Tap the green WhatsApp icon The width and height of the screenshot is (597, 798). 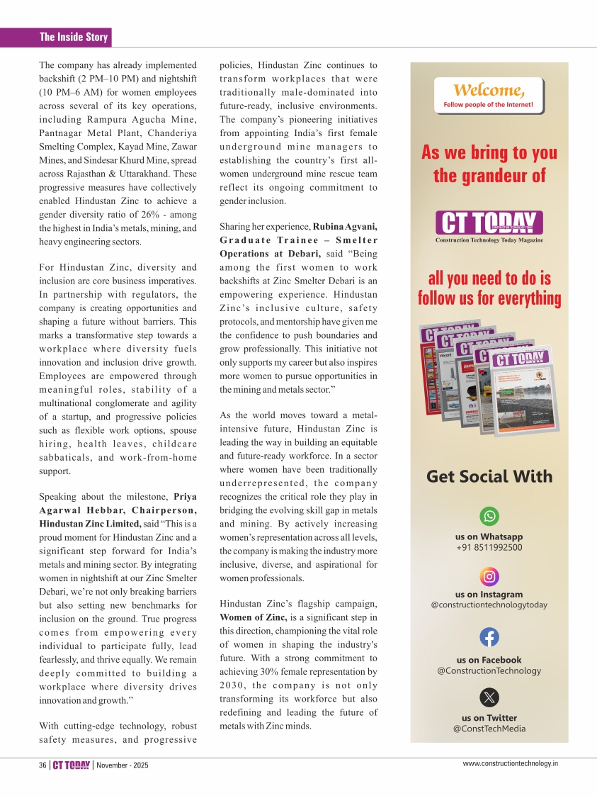point(489,516)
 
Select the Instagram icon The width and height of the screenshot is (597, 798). point(489,575)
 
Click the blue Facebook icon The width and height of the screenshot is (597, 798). point(489,637)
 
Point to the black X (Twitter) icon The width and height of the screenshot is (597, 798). point(489,697)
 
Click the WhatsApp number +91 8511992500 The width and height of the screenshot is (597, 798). point(489,548)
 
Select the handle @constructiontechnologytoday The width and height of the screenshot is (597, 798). point(489,605)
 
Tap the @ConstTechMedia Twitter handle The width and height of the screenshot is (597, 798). point(489,729)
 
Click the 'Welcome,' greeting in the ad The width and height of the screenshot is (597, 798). point(489,91)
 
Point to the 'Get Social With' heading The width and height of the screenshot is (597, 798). point(489,476)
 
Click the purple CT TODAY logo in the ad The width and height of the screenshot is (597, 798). point(489,223)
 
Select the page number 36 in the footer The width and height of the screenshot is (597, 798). point(42,765)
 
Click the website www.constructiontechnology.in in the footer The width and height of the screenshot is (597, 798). point(510,763)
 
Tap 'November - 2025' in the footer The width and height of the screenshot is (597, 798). point(123,765)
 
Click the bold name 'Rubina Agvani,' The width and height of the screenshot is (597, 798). point(345,227)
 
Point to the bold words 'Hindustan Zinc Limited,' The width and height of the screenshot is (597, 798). point(90,524)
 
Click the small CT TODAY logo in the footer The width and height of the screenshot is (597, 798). point(72,765)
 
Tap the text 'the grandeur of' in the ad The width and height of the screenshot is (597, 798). point(489,175)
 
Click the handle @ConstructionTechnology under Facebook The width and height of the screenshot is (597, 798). point(489,670)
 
